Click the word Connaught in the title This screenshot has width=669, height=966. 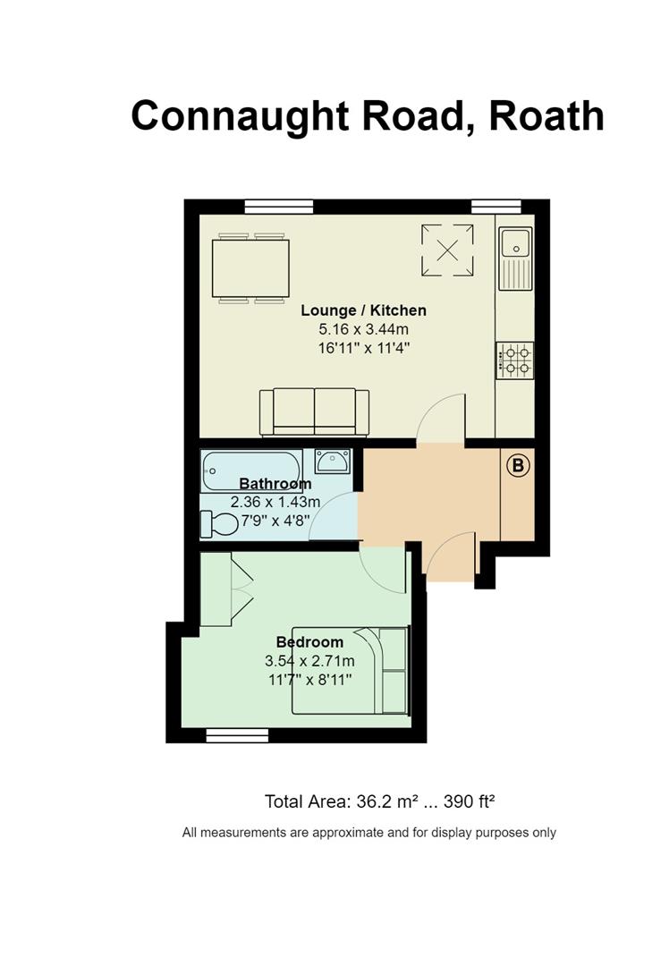tap(241, 116)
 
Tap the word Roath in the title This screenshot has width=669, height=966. tap(546, 115)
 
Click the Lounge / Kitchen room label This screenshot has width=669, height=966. tap(363, 310)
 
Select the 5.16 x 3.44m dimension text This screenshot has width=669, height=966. tap(363, 329)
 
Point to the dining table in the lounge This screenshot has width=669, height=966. tap(251, 268)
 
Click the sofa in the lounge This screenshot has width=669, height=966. tap(314, 412)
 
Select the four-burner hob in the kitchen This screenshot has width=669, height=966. tap(515, 360)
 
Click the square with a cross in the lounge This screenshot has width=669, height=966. tap(448, 250)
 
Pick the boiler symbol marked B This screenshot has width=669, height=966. tap(518, 464)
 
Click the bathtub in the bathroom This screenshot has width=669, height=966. tap(251, 470)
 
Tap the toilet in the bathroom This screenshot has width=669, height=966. tap(219, 525)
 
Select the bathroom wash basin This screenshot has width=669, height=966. tap(333, 461)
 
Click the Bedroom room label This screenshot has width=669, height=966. tap(309, 642)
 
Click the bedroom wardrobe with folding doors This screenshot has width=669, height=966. tap(225, 589)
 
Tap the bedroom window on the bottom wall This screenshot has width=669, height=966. tap(237, 734)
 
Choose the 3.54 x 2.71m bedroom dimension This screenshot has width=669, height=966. tap(309, 661)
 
